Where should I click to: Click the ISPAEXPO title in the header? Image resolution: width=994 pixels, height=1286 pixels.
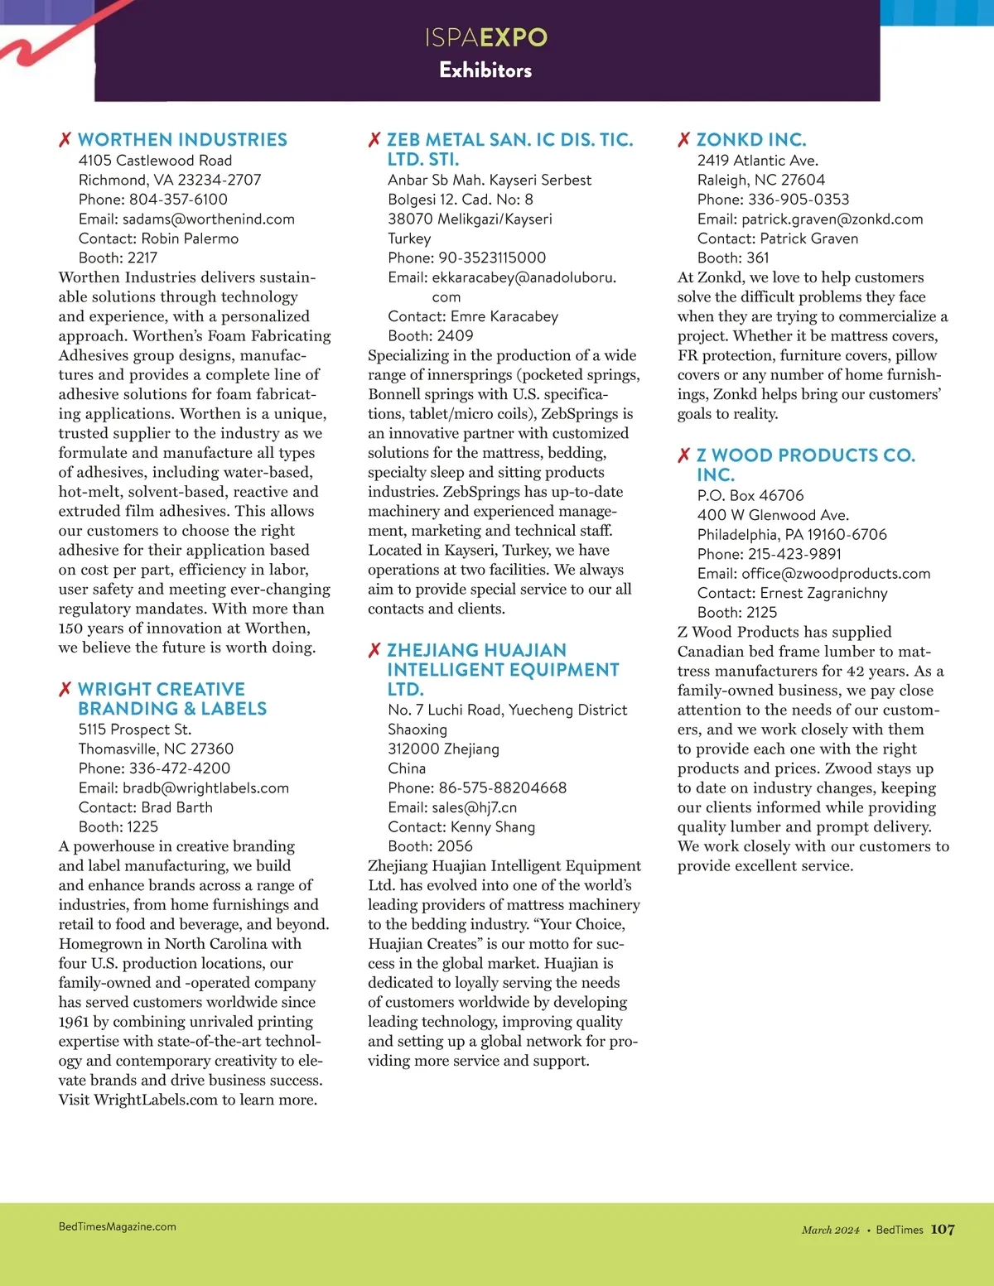pos(486,37)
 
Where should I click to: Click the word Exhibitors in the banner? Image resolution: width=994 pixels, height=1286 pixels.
pos(485,70)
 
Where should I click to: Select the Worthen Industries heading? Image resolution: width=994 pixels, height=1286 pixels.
pos(182,140)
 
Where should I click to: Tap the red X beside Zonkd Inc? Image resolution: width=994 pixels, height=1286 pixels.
pos(683,140)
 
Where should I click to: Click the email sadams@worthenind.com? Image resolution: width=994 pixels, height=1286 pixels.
pos(208,219)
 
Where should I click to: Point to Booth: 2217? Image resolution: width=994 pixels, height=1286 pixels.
pos(118,258)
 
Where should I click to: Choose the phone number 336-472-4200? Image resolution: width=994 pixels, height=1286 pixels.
pos(179,768)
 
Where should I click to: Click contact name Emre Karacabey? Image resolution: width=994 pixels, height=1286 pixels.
pos(504,316)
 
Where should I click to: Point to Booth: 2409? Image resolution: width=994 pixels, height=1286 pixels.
pos(431,336)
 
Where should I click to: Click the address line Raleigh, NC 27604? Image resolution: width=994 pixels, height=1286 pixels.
pos(760,180)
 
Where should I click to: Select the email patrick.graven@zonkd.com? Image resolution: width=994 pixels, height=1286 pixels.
pos(832,219)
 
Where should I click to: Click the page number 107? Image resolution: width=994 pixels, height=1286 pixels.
pos(943,1230)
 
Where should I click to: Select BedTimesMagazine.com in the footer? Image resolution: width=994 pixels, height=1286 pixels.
pos(118,1227)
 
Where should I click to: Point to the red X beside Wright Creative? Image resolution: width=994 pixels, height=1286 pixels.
pos(65,690)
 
